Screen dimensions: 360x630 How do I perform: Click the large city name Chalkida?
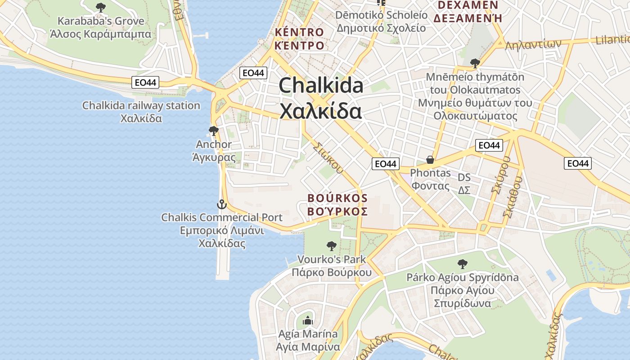tap(320, 98)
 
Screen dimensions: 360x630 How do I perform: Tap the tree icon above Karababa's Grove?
tap(101, 7)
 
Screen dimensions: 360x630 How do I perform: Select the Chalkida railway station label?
tap(141, 112)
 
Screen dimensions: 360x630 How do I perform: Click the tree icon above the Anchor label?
tap(214, 131)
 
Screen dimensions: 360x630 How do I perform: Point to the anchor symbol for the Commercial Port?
tap(221, 204)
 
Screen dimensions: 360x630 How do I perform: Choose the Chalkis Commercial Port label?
tap(222, 230)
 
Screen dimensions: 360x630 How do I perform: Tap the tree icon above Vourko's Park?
tap(332, 246)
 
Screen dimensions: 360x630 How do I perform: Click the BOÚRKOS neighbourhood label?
tap(337, 204)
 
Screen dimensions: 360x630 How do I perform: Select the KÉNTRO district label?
tap(299, 39)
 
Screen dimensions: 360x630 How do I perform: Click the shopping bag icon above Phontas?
tap(430, 160)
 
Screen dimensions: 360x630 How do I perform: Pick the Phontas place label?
tap(430, 179)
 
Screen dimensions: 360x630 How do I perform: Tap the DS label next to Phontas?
tap(464, 184)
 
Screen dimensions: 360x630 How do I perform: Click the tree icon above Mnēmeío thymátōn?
tap(475, 63)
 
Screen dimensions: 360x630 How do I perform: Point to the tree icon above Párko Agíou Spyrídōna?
tap(462, 264)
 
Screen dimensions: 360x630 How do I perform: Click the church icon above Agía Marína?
tap(308, 320)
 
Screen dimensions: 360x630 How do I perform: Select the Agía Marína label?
tap(308, 340)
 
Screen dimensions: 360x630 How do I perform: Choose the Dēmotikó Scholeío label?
tap(381, 21)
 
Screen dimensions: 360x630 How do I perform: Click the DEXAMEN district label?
tap(467, 11)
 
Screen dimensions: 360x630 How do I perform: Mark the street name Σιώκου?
tap(327, 158)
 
